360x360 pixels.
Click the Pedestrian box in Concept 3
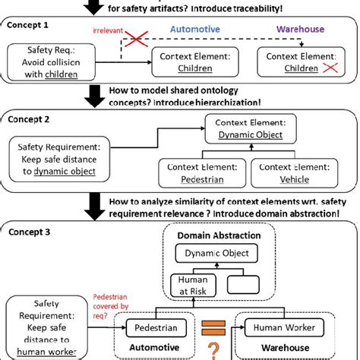(150, 329)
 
